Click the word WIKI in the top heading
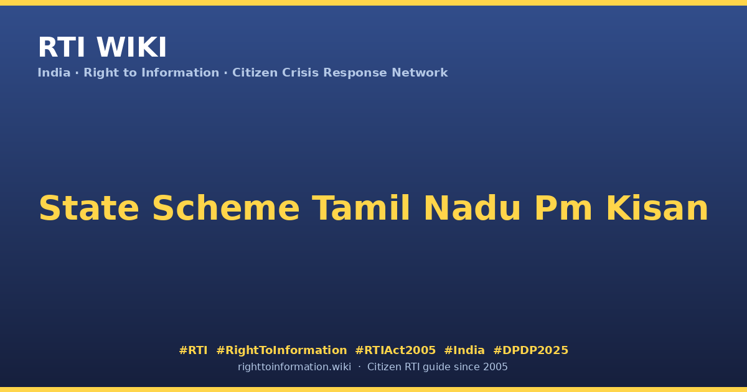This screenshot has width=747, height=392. pos(131,47)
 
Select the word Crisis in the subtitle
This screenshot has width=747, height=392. pos(300,73)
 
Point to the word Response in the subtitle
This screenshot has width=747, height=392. pos(355,73)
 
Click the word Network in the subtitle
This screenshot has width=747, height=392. pos(420,73)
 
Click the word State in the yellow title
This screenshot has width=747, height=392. pos(88,208)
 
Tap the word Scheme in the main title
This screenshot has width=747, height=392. pos(226,208)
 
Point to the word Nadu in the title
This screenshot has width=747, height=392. pos(472,208)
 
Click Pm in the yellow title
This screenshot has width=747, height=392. pos(563,208)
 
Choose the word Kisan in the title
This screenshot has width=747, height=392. pos(657,208)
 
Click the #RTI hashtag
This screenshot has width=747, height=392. pos(193,350)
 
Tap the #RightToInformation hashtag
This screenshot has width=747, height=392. pos(281,350)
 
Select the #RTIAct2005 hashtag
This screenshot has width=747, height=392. pos(395,350)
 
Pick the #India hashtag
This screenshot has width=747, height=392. pos(464,350)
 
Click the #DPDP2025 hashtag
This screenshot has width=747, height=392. pos(530,350)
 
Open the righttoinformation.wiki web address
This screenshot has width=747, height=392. pos(294,367)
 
